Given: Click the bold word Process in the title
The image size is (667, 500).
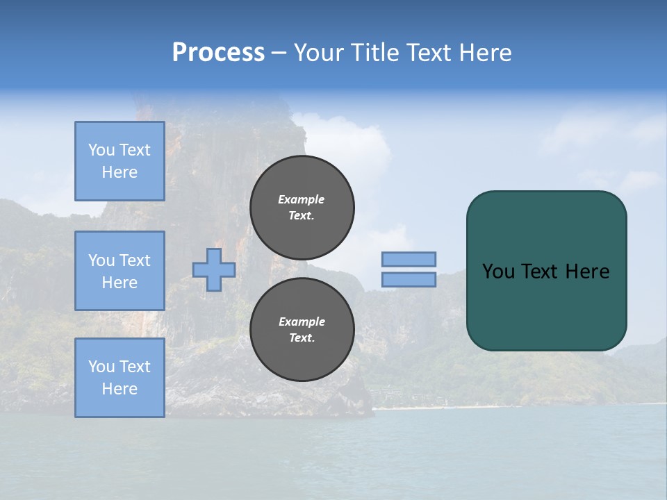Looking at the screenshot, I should [218, 53].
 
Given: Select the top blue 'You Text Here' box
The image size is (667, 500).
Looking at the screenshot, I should [120, 161].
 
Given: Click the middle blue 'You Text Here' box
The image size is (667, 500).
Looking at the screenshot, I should [120, 271].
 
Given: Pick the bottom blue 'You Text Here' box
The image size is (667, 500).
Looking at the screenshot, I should [120, 378].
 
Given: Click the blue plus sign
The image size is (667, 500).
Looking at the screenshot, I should [214, 269].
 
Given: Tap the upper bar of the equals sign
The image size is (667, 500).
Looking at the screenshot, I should [409, 259].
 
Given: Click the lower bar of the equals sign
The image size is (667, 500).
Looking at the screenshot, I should [409, 280].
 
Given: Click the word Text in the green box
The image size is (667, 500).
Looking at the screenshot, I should [540, 272].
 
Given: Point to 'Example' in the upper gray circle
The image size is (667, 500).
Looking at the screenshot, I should [302, 199].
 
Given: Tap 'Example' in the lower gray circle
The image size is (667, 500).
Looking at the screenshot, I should [302, 322].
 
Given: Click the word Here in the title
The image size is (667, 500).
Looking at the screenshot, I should [486, 53].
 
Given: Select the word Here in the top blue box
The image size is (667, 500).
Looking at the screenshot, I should [120, 172].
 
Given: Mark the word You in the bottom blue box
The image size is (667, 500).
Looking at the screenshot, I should [101, 367].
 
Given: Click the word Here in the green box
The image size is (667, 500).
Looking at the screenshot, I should [588, 272].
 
